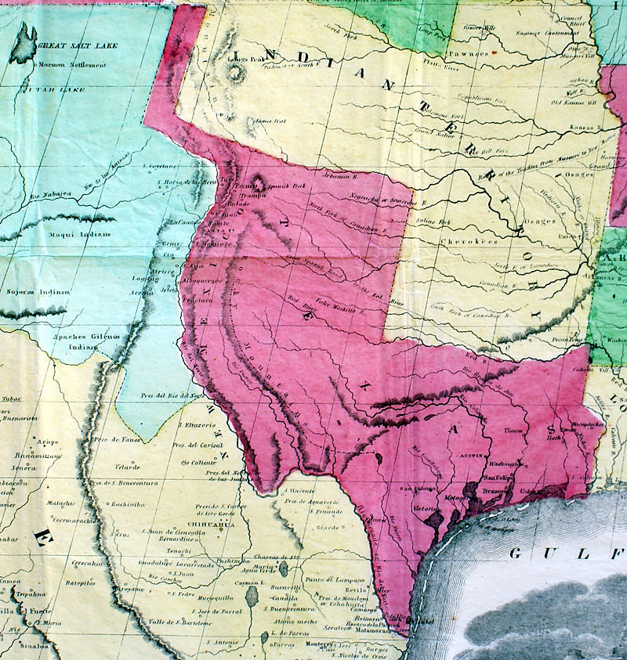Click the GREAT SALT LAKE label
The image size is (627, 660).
[x=78, y=46]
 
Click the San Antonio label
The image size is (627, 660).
[x=419, y=490]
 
